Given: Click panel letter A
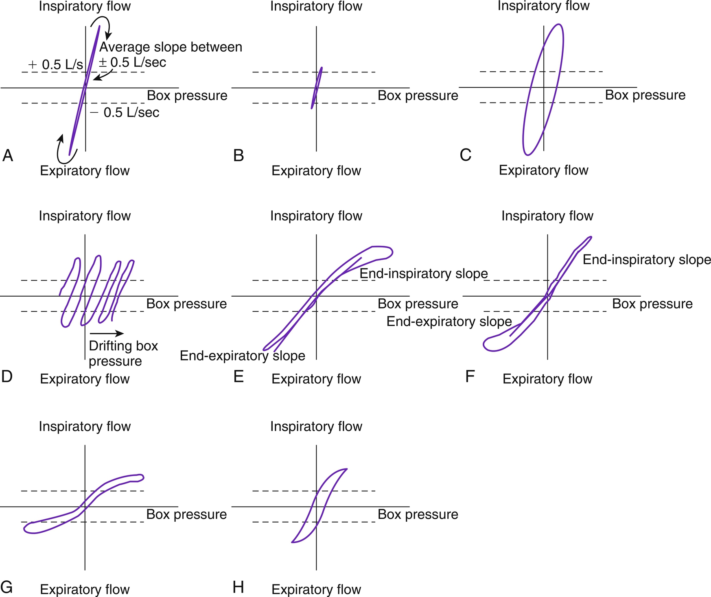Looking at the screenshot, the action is coord(8,155).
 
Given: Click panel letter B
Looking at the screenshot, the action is coord(238,155).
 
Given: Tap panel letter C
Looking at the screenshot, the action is coord(466,155).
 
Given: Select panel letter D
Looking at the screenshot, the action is coord(7,377).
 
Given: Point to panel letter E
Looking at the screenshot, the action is coord(238,377).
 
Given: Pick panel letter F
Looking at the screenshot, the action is coord(470,377).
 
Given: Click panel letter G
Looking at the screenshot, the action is coord(7,587).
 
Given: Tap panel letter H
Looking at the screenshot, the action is coord(238,587).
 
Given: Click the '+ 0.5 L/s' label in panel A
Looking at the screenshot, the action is coord(55,64).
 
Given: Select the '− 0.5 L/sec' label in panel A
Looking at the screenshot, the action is coord(125,112).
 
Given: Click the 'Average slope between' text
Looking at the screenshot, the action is coord(171,47).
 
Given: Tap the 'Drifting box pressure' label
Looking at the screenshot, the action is coord(123,353).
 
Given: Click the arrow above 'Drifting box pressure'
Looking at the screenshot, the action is coord(106,333).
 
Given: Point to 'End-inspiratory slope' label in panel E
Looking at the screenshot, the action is coord(424,273).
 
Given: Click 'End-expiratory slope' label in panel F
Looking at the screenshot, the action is coord(449,321).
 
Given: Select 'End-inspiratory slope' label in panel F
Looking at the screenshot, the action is coord(647,260).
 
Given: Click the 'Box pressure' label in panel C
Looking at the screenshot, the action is coord(645,95).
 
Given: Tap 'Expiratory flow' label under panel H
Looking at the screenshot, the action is coord(316,589).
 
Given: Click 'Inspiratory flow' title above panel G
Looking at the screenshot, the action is coord(85,426).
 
